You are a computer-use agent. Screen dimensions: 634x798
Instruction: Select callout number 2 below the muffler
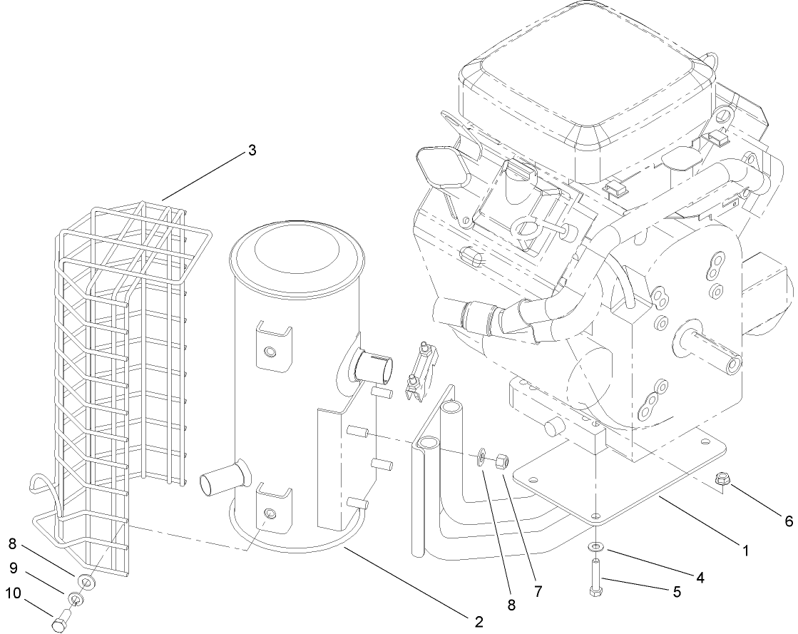[478, 621]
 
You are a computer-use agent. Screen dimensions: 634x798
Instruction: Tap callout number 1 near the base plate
[745, 551]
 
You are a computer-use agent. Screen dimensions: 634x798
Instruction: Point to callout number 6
[789, 521]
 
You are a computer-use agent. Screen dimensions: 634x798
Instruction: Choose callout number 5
[675, 591]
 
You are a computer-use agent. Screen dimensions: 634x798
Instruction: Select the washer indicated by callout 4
[595, 547]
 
